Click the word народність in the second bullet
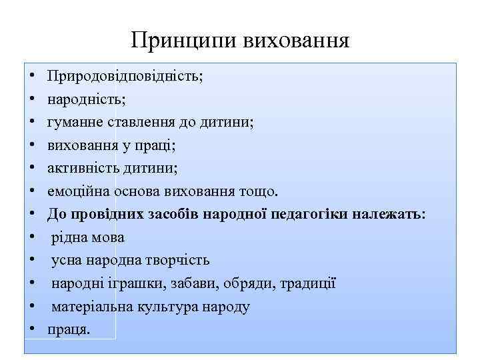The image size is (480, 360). click(85, 99)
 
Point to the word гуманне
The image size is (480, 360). click(72, 122)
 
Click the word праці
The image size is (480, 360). click(159, 145)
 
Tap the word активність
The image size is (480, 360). click(81, 168)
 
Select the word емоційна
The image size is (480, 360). click(77, 191)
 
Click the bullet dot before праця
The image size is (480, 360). click(33, 330)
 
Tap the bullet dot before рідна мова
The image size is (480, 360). click(33, 238)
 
